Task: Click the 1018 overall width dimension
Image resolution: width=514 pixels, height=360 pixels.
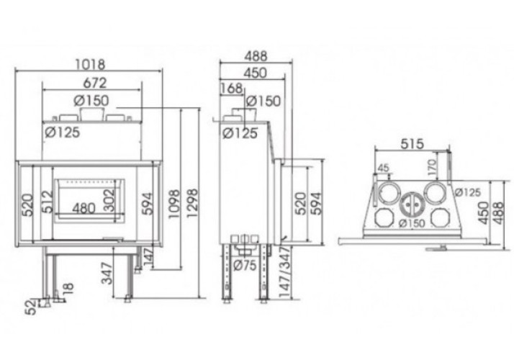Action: coord(90,64)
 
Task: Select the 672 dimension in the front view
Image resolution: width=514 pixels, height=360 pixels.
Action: coord(95,83)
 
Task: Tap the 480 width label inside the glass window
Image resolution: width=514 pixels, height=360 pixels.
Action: coord(84,209)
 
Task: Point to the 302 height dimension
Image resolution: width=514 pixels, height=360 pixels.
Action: coord(109,200)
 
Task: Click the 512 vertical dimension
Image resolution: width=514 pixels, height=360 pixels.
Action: coord(48,202)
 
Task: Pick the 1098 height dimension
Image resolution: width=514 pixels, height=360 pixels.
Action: coord(173,204)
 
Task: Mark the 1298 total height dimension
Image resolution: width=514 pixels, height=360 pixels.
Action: coord(192,203)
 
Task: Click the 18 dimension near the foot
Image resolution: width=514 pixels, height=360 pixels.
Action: coord(68,289)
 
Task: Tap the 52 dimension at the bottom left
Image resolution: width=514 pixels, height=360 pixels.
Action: coord(32,307)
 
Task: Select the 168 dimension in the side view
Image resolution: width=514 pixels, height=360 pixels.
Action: coord(232,89)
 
